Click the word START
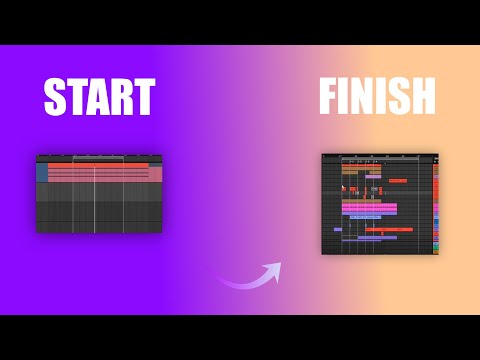point(99,98)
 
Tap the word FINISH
point(377,97)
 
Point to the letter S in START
point(55,98)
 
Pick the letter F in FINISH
point(329,97)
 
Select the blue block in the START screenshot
point(42,173)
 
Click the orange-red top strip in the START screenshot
point(98,165)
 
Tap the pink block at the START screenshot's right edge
point(156,174)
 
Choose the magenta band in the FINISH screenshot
point(369,208)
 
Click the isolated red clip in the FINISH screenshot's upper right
point(398,181)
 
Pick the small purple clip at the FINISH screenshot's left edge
point(338,229)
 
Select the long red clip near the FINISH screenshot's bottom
point(389,229)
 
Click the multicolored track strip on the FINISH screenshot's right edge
point(435,205)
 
